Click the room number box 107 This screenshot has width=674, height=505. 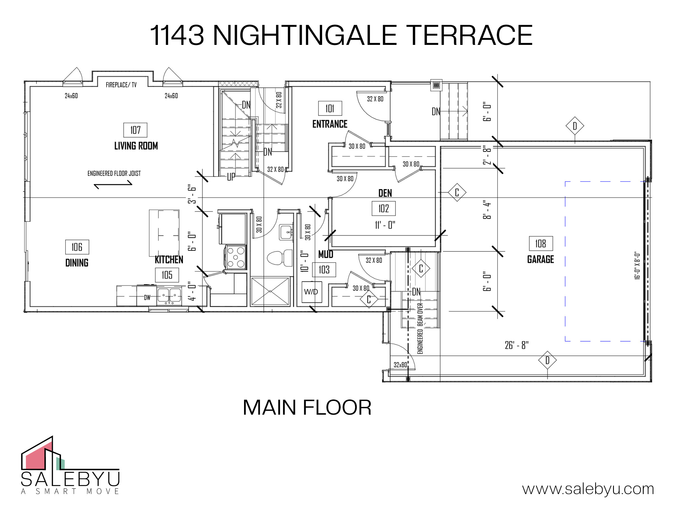pyautogui.click(x=135, y=130)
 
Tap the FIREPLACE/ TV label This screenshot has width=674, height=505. pyautogui.click(x=121, y=85)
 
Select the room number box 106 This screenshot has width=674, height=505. pyautogui.click(x=77, y=247)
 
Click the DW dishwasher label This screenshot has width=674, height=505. pyautogui.click(x=147, y=297)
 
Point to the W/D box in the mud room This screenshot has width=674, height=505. pyautogui.click(x=312, y=292)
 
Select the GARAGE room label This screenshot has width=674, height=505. pyautogui.click(x=541, y=259)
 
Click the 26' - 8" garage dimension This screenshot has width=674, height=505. pyautogui.click(x=516, y=345)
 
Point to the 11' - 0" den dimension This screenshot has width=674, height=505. pyautogui.click(x=385, y=225)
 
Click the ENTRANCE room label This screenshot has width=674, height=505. pyautogui.click(x=330, y=124)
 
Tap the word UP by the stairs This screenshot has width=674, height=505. pyautogui.click(x=231, y=176)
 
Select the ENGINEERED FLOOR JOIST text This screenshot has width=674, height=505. pyautogui.click(x=114, y=173)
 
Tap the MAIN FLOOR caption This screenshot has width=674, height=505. pyautogui.click(x=307, y=408)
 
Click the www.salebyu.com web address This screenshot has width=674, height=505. pyautogui.click(x=588, y=488)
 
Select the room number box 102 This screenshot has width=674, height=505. pyautogui.click(x=384, y=208)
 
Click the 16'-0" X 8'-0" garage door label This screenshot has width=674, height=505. pyautogui.click(x=637, y=265)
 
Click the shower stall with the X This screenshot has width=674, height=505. pyautogui.click(x=270, y=291)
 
